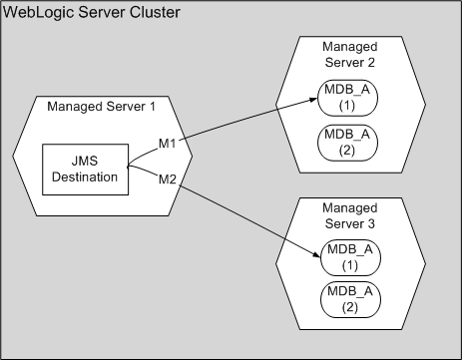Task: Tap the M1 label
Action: (x=169, y=146)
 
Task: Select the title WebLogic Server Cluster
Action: (x=79, y=14)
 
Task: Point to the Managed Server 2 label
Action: (x=350, y=56)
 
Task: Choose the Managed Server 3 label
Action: (x=350, y=214)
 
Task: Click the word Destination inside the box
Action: (x=88, y=178)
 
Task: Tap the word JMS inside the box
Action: (x=88, y=161)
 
